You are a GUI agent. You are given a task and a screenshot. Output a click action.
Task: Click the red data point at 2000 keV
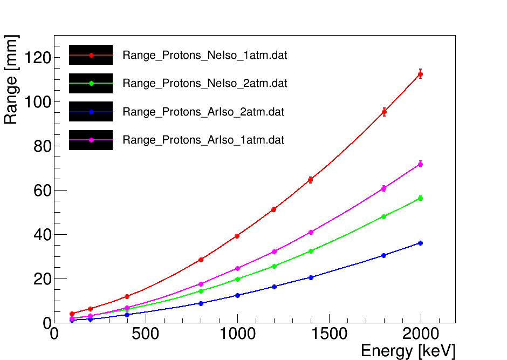[x=420, y=74]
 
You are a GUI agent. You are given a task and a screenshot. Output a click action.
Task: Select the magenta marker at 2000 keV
[x=420, y=164]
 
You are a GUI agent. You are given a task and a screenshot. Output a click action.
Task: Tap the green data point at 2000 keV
[x=420, y=198]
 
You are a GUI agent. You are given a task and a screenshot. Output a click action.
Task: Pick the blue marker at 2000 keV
[x=420, y=243]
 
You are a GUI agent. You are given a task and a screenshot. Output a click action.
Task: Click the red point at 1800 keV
[x=384, y=112]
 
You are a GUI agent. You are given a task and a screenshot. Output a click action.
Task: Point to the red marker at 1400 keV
[x=311, y=180]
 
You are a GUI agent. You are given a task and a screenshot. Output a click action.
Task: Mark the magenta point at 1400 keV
[x=311, y=232]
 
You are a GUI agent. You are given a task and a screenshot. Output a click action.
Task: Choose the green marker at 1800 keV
[x=384, y=216]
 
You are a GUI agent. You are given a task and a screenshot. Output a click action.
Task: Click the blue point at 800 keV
[x=201, y=303]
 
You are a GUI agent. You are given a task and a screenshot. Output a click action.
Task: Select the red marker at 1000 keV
[x=237, y=236]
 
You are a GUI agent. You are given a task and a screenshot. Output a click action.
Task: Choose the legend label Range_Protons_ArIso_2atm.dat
[x=203, y=112]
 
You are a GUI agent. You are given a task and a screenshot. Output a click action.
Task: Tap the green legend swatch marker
[x=91, y=83]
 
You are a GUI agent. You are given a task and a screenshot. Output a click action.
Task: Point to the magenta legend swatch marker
[x=91, y=140]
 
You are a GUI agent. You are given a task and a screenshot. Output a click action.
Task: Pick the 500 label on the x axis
[x=146, y=334]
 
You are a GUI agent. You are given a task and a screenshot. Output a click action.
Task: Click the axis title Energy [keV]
[x=408, y=351]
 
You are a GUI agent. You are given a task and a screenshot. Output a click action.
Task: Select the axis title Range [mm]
[x=11, y=80]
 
